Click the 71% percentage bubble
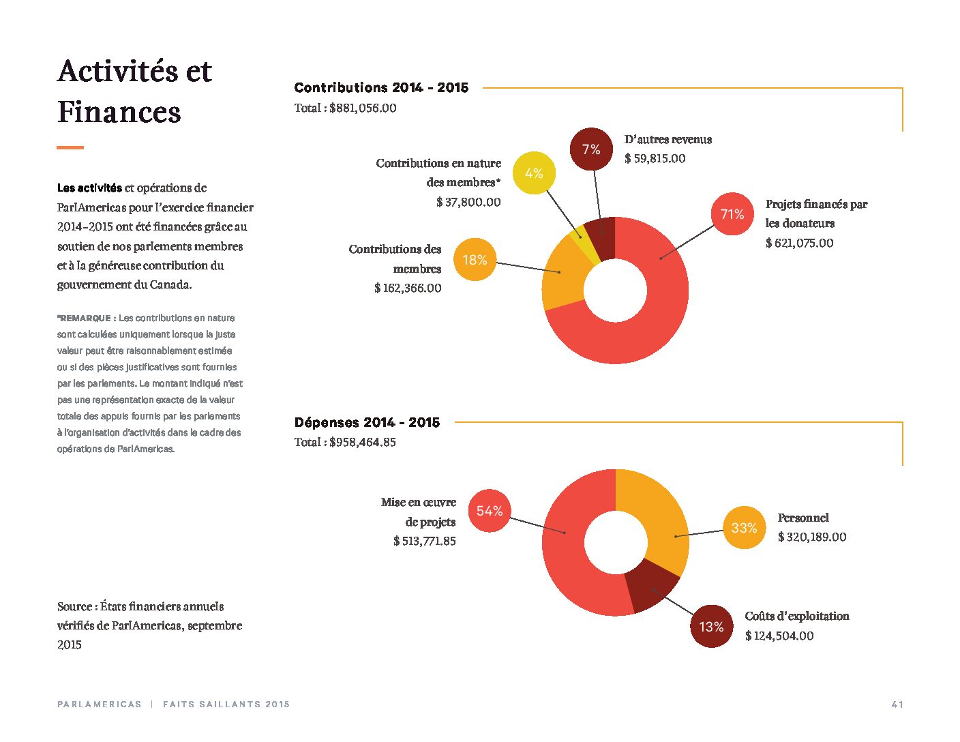[x=732, y=214]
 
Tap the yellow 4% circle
[x=534, y=173]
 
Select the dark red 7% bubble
[x=591, y=149]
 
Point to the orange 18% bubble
[x=475, y=259]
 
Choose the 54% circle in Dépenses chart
[x=489, y=511]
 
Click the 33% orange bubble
[x=744, y=527]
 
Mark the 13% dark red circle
[x=711, y=626]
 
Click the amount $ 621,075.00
[x=799, y=243]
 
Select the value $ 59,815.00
[x=655, y=158]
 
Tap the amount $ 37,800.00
[x=468, y=202]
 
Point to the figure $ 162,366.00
[x=408, y=288]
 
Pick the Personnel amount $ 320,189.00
[x=812, y=537]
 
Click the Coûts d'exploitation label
[x=797, y=616]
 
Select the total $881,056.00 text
[x=346, y=108]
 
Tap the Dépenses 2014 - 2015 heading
[x=367, y=422]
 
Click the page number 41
[x=897, y=704]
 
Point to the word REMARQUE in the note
[x=85, y=318]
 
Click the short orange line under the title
[x=70, y=147]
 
